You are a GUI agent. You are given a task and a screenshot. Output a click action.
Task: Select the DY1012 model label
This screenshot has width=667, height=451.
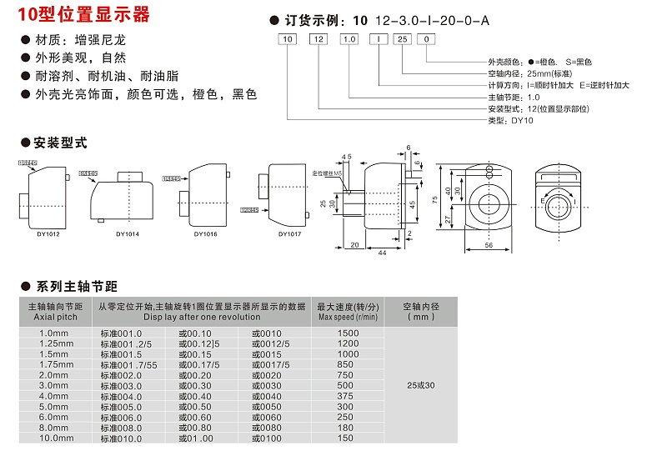pyautogui.click(x=48, y=234)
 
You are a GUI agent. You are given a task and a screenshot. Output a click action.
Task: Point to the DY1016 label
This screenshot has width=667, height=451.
pyautogui.click(x=205, y=234)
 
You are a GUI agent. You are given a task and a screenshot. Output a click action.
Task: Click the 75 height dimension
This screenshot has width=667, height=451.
pyautogui.click(x=434, y=199)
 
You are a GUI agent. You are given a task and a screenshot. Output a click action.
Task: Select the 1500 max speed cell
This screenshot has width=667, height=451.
pyautogui.click(x=349, y=333)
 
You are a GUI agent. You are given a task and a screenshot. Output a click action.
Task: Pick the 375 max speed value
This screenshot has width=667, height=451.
pyautogui.click(x=349, y=395)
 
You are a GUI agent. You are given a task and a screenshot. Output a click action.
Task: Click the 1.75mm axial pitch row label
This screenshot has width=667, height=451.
pyautogui.click(x=57, y=364)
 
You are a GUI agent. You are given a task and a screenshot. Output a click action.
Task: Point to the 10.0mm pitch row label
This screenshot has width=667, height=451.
pyautogui.click(x=57, y=438)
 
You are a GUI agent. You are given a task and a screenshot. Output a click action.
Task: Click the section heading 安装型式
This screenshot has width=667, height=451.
pyautogui.click(x=58, y=143)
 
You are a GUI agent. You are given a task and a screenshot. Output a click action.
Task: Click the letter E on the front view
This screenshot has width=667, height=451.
pyautogui.click(x=542, y=201)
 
